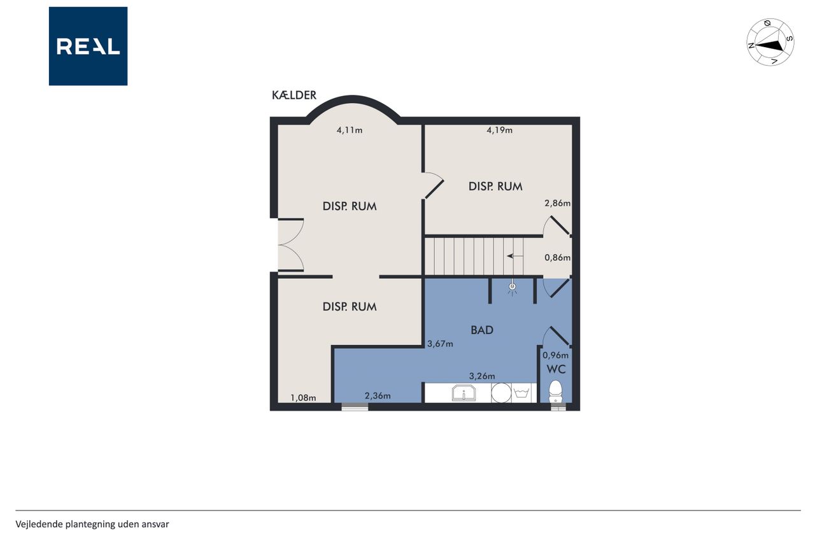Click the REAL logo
pyautogui.click(x=88, y=46)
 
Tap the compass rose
pyautogui.click(x=770, y=42)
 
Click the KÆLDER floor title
pyautogui.click(x=294, y=95)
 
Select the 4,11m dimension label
pyautogui.click(x=350, y=130)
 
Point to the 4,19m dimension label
pyautogui.click(x=500, y=130)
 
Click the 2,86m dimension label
pyautogui.click(x=557, y=203)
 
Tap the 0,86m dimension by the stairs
pyautogui.click(x=557, y=258)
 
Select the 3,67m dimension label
pyautogui.click(x=440, y=344)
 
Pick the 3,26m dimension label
pyautogui.click(x=482, y=376)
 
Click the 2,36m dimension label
pyautogui.click(x=378, y=396)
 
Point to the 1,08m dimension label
pyautogui.click(x=303, y=398)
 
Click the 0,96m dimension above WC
pyautogui.click(x=556, y=355)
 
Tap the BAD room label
pyautogui.click(x=482, y=330)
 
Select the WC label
pyautogui.click(x=556, y=369)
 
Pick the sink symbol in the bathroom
pyautogui.click(x=464, y=393)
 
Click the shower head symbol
pyautogui.click(x=513, y=287)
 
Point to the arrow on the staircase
pyautogui.click(x=515, y=257)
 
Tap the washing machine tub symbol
pyautogui.click(x=521, y=393)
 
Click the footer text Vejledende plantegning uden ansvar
pyautogui.click(x=92, y=525)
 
